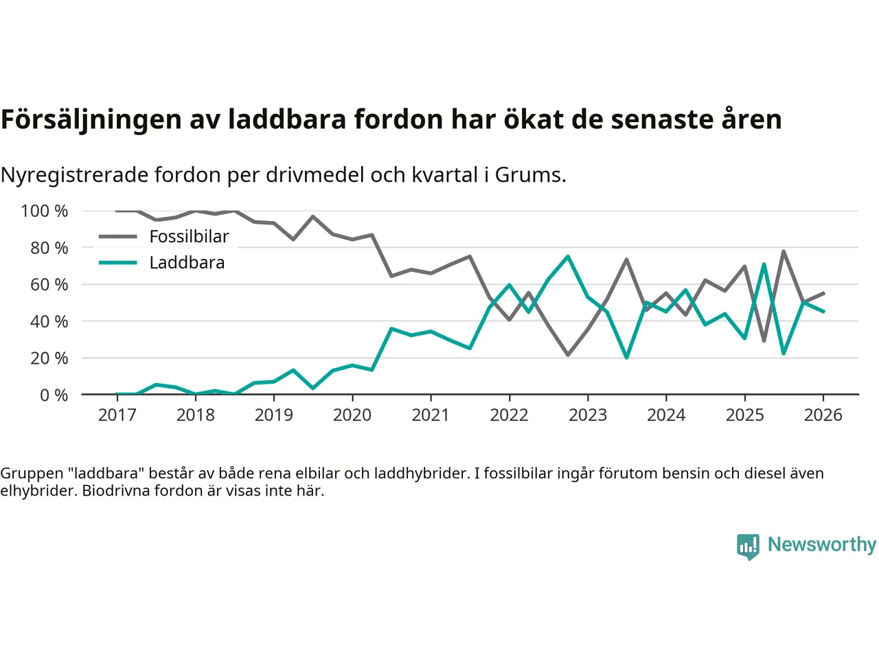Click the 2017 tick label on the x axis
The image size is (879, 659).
117,415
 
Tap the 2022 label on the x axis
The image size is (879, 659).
509,415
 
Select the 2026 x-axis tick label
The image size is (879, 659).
823,415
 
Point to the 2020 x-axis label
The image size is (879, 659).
352,415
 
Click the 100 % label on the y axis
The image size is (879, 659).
45,211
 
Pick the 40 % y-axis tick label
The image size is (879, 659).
49,321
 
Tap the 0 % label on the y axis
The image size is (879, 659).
54,395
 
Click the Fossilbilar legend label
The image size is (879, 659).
189,237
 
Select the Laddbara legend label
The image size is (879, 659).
187,263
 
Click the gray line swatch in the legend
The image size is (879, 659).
117,237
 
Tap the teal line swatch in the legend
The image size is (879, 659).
117,263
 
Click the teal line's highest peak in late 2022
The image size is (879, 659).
568,257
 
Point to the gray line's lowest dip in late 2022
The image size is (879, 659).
568,355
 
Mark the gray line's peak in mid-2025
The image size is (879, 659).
784,251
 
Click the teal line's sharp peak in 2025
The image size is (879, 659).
764,264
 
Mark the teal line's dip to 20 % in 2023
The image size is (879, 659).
626,358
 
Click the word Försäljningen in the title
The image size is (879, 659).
91,119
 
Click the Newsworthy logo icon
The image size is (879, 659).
748,546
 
